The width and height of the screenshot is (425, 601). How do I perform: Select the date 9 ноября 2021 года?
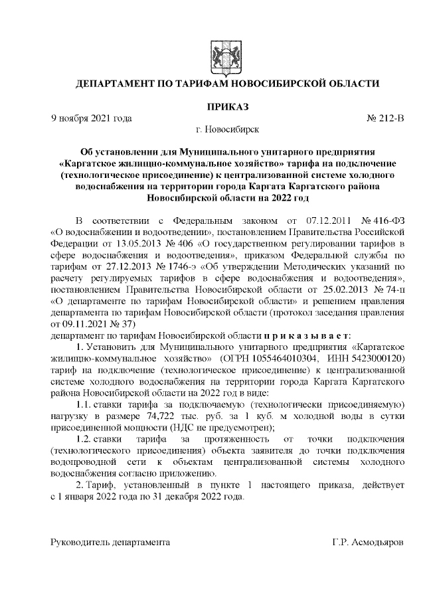tap(92, 118)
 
